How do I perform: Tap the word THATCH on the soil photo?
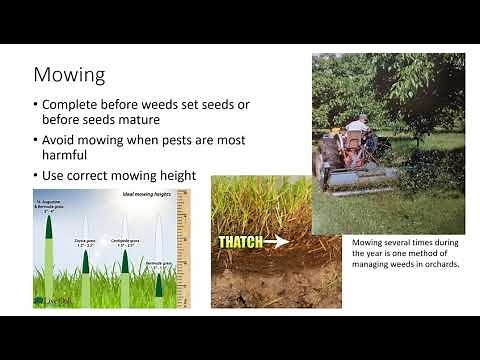click(241, 242)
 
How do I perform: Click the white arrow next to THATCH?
click(277, 242)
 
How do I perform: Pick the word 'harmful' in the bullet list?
click(72, 157)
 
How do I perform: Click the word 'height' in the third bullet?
click(174, 176)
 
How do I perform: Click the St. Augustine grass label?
click(48, 208)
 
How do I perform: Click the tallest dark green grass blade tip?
click(49, 222)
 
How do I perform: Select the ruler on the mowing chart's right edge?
click(183, 250)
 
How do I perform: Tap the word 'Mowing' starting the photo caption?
click(368, 241)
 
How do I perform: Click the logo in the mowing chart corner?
click(46, 299)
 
